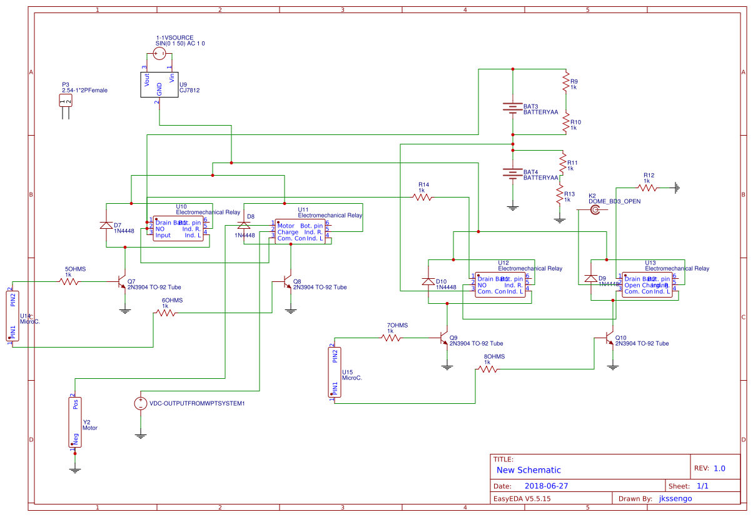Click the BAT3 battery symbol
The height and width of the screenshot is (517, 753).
(x=512, y=108)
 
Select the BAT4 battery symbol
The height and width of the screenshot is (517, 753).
(x=512, y=173)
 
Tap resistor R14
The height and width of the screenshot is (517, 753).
(x=422, y=197)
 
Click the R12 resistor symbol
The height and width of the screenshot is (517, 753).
(x=647, y=187)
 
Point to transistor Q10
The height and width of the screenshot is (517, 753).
(x=611, y=339)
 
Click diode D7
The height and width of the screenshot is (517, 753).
(x=106, y=226)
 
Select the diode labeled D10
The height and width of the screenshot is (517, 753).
(x=428, y=282)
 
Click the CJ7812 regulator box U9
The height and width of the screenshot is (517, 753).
(x=159, y=84)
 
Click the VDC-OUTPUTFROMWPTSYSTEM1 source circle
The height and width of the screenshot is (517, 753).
(x=141, y=403)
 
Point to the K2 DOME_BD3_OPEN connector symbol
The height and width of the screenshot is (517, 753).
(x=595, y=211)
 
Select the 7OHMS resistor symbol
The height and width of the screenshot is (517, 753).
(x=391, y=338)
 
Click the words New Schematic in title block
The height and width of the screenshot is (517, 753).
(x=528, y=470)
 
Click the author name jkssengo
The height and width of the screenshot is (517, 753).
(x=675, y=498)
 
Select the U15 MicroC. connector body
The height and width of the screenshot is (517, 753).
(x=335, y=372)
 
